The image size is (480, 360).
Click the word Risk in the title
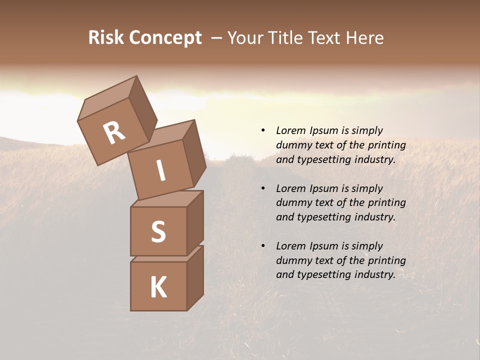pos(106,38)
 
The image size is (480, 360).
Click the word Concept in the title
pos(165,38)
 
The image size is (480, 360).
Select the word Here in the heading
pos(363,38)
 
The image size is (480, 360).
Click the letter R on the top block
pos(114,132)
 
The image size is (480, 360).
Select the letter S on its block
pos(158,231)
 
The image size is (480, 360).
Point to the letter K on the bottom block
pos(158,287)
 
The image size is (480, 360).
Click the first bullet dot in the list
pos(263,130)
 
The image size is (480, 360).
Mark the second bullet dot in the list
pos(263,188)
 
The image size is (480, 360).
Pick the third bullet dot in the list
pos(263,246)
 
